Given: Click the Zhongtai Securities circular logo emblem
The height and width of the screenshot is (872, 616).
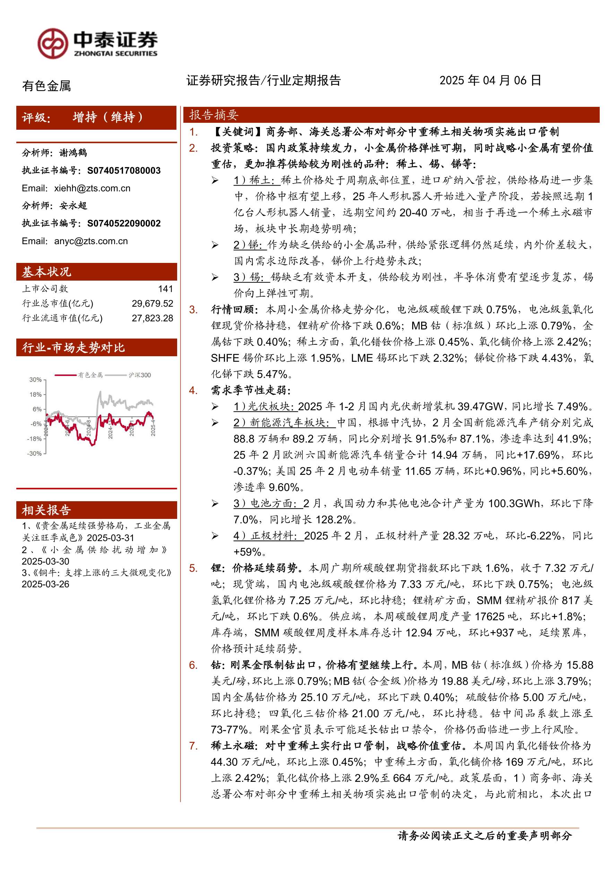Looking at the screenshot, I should coord(53,43).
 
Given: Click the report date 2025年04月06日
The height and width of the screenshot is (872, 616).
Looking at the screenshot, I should coord(490,80).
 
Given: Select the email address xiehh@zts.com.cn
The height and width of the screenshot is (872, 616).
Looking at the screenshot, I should coord(92,188).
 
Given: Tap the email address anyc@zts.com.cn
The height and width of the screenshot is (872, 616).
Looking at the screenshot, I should coord(91,241).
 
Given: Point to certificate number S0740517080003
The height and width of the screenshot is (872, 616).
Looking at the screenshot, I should coord(124,171).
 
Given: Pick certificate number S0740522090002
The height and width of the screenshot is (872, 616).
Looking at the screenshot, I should coord(124,223).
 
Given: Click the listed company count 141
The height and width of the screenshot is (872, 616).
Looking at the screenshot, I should coord(165,289).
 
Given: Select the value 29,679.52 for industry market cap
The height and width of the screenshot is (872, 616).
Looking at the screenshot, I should coord(153,303).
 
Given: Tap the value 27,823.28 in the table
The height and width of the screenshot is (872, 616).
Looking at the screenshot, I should coord(153,318).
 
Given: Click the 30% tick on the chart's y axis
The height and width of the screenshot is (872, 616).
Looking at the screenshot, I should coord(35,379).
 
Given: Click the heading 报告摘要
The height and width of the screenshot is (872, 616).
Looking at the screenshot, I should coord(214,115).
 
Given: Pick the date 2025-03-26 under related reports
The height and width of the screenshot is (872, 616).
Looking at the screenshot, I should coord(45,584).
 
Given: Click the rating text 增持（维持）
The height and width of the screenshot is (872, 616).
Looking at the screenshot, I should coord(108,117).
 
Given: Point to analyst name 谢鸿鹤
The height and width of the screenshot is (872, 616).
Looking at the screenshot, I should coord(73,153).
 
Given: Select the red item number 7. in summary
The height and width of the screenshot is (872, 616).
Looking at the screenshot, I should coord(193,745).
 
